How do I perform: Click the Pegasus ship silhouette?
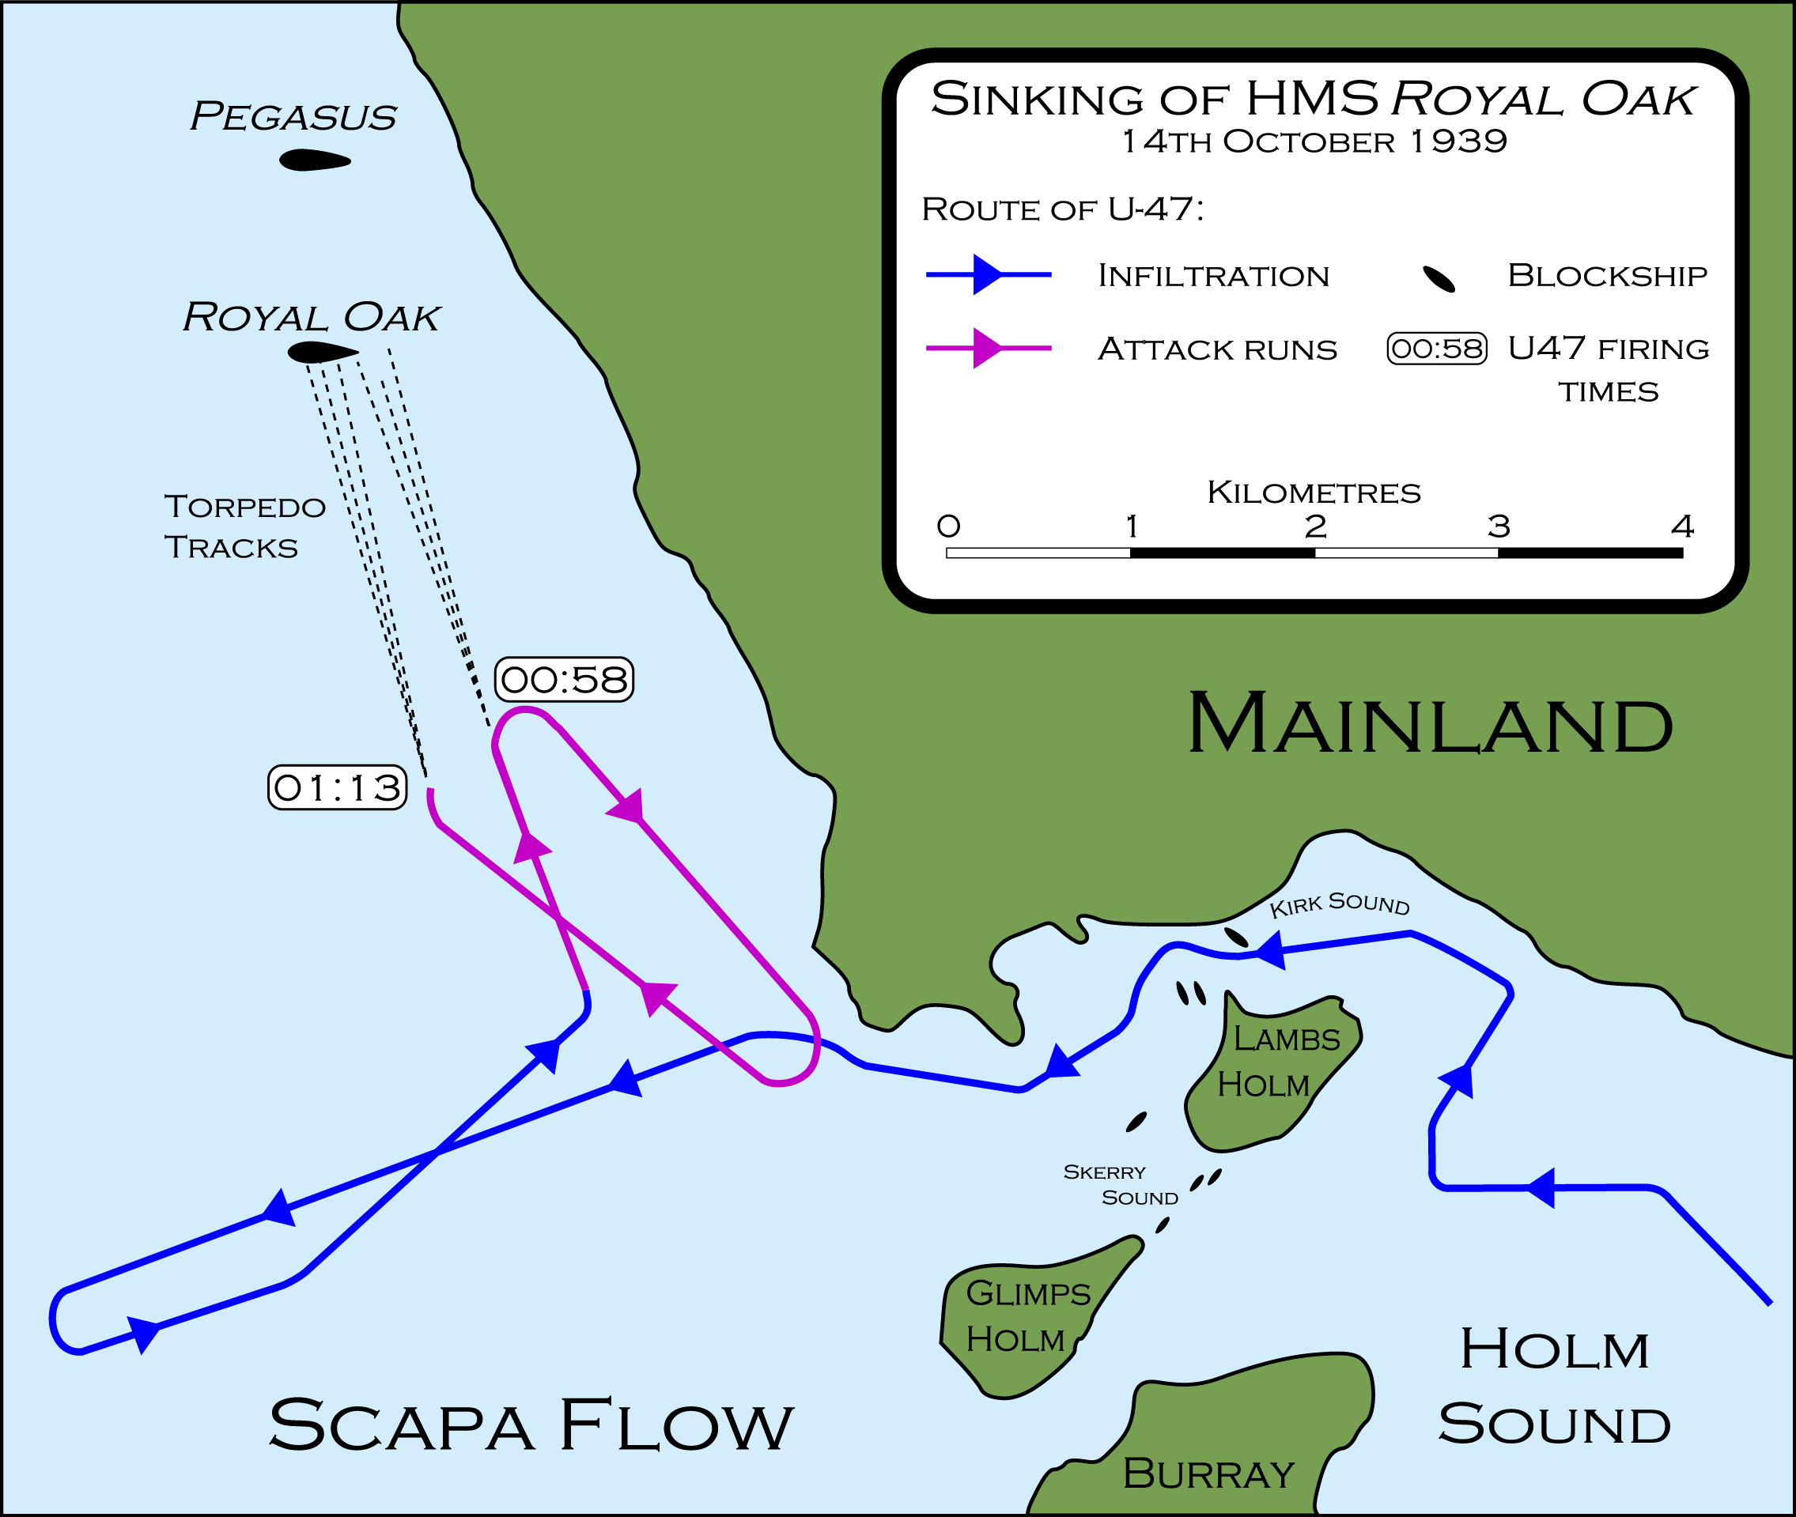pyautogui.click(x=315, y=160)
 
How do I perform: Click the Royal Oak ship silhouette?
pyautogui.click(x=323, y=352)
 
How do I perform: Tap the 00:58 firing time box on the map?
pyautogui.click(x=564, y=679)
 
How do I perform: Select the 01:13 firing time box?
pyautogui.click(x=337, y=787)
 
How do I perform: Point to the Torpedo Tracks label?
pyautogui.click(x=245, y=526)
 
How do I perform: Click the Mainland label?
pyautogui.click(x=1431, y=723)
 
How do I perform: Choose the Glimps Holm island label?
pyautogui.click(x=1028, y=1315)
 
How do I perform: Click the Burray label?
pyautogui.click(x=1208, y=1474)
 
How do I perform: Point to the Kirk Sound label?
pyautogui.click(x=1339, y=904)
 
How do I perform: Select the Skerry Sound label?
pyautogui.click(x=1121, y=1185)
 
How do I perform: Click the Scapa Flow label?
pyautogui.click(x=531, y=1425)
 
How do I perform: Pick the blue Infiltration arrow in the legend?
pyautogui.click(x=989, y=274)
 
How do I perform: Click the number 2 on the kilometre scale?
pyautogui.click(x=1315, y=526)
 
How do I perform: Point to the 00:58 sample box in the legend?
pyautogui.click(x=1437, y=349)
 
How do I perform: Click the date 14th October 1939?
pyautogui.click(x=1314, y=141)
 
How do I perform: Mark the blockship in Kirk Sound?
pyautogui.click(x=1236, y=938)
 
